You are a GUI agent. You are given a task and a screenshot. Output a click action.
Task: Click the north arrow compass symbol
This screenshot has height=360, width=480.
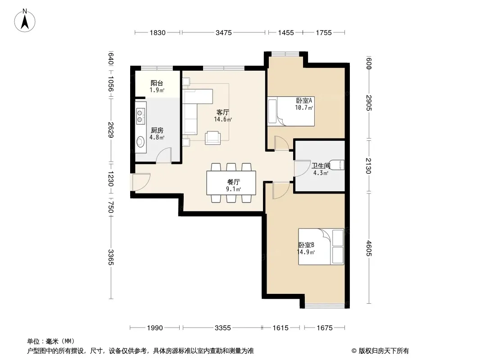(25, 21)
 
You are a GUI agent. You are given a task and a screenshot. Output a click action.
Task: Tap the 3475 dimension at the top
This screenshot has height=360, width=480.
(223, 32)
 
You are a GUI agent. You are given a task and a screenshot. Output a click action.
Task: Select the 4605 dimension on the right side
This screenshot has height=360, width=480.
(369, 248)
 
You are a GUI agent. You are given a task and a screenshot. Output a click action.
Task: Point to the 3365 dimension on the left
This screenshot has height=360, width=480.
(111, 257)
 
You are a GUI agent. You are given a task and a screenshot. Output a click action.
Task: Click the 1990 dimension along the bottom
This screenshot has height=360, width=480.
(155, 328)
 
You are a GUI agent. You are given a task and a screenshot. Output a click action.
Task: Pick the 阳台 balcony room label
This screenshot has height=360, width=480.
(157, 83)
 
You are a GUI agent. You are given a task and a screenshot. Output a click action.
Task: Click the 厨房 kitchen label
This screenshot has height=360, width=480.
(157, 130)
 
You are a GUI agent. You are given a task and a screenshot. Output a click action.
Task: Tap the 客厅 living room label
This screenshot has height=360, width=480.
(222, 112)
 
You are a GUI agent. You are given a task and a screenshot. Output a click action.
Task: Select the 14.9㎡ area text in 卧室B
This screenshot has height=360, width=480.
(306, 252)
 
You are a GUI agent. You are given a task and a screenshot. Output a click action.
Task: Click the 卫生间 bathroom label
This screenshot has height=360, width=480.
(321, 166)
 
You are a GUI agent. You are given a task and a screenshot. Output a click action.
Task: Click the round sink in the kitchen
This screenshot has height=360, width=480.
(140, 142)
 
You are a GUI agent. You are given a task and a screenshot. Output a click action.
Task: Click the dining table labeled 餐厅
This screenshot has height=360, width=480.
(231, 183)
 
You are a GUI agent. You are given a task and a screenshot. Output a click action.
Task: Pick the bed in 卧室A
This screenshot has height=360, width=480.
(291, 111)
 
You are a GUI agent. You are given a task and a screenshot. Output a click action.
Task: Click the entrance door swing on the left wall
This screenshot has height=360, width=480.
(141, 182)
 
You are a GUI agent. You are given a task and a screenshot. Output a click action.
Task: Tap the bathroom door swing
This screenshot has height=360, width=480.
(302, 169)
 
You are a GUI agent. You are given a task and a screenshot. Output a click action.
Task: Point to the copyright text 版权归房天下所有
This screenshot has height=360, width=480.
(384, 351)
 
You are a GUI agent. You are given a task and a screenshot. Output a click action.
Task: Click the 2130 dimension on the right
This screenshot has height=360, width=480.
(369, 166)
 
